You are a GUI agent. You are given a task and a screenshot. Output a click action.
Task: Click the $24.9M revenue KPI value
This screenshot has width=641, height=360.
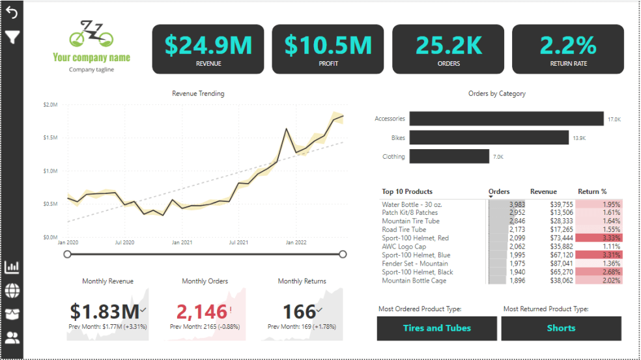click(x=208, y=45)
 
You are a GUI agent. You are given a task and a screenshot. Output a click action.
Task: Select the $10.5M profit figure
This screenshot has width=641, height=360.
click(x=328, y=45)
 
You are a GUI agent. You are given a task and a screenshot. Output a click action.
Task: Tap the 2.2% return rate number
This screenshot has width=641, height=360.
click(x=568, y=45)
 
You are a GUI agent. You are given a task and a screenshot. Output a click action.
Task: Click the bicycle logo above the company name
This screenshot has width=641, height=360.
click(x=92, y=35)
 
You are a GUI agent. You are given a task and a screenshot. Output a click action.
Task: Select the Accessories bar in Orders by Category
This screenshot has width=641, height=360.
click(x=506, y=118)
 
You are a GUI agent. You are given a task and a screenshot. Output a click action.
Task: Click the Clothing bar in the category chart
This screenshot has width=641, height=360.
click(x=449, y=156)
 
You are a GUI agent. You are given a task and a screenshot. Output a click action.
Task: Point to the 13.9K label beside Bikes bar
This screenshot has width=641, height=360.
click(x=579, y=138)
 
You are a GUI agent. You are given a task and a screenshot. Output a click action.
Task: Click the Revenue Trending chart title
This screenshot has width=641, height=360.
click(x=198, y=94)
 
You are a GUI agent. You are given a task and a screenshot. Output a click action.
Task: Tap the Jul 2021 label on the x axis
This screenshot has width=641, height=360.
click(x=239, y=242)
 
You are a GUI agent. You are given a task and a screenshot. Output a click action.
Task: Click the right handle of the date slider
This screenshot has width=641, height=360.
click(x=343, y=254)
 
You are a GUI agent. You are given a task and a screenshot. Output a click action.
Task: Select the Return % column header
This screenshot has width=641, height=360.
click(x=592, y=191)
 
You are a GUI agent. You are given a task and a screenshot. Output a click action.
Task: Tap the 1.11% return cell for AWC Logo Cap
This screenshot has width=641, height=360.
click(x=600, y=247)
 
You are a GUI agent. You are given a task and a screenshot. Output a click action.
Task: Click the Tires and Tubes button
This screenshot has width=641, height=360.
click(x=436, y=328)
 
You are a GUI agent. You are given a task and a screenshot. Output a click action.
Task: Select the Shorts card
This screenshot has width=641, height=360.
click(x=561, y=328)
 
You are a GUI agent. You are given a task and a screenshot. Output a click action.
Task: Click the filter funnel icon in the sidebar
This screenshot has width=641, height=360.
click(x=12, y=36)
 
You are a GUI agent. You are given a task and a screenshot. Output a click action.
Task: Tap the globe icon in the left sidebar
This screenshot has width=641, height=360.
click(x=12, y=290)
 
